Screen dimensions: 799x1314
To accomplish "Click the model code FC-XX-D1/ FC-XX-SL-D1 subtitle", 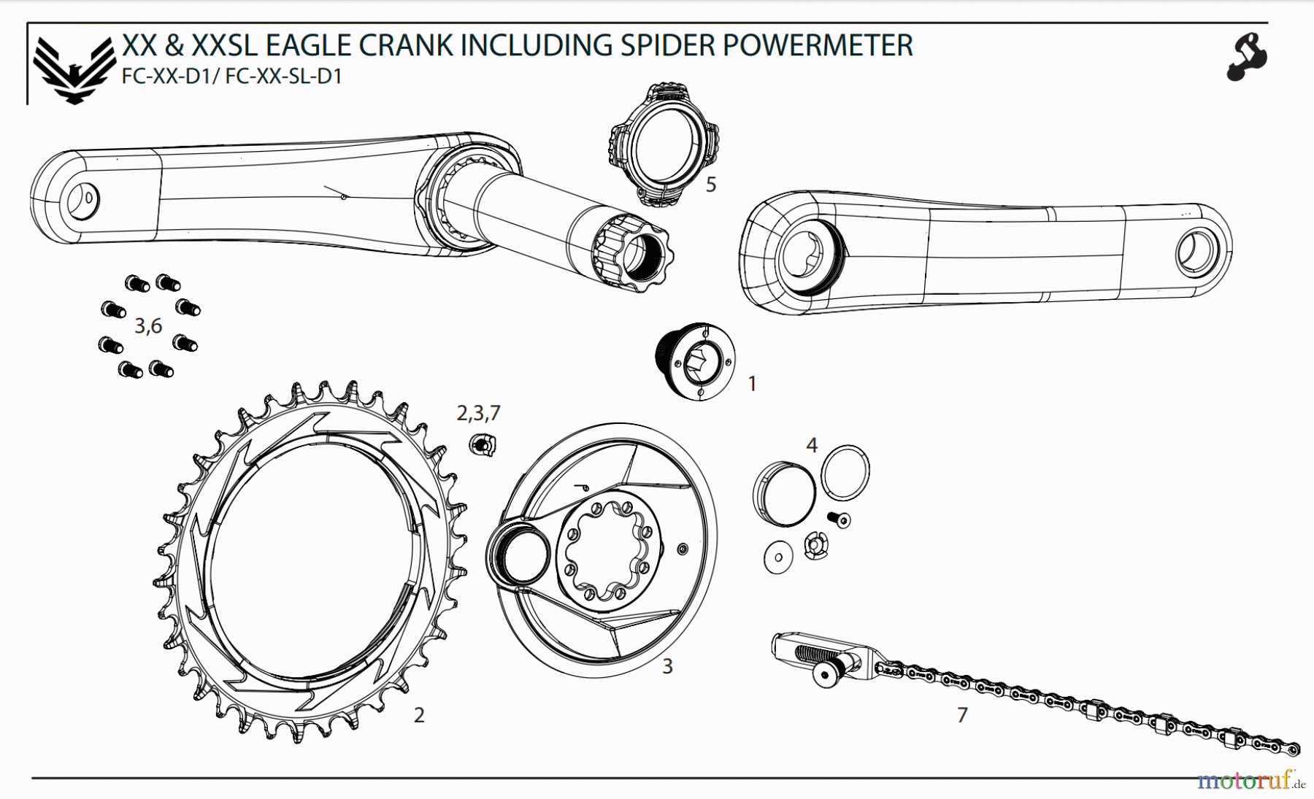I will point(232,77).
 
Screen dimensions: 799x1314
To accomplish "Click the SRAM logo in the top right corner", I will point(1247,56).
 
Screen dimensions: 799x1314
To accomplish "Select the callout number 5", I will point(710,185).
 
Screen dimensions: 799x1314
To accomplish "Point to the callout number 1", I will point(753,383).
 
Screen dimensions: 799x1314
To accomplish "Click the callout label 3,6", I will point(148,326).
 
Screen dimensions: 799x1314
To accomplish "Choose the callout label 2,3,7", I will point(478,414).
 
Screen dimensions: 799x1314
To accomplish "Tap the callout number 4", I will point(812,444).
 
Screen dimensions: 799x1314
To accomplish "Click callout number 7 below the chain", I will point(962,715).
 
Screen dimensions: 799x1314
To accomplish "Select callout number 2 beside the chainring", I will point(419,715).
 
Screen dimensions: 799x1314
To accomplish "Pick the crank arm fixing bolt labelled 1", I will point(696,361).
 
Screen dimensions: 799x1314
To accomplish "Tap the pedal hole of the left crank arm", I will point(82,200).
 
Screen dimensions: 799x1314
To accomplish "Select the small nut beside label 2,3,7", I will point(482,444).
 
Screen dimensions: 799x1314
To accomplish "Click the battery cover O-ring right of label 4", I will point(845,473).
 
